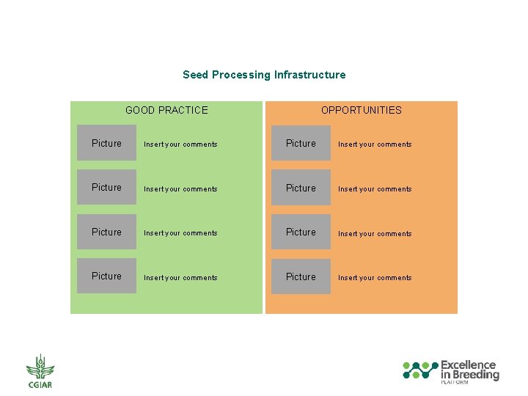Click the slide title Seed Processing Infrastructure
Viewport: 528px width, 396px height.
[264, 75]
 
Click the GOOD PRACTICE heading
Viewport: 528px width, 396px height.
[166, 110]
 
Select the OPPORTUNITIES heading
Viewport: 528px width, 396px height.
[361, 110]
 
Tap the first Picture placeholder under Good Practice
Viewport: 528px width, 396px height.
[107, 143]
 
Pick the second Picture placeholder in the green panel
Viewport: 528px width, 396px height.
[107, 188]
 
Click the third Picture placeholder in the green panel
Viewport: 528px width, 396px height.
[107, 232]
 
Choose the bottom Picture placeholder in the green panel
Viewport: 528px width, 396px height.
[107, 276]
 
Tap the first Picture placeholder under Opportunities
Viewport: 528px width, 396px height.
[301, 143]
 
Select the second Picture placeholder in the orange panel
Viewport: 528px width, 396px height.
[301, 188]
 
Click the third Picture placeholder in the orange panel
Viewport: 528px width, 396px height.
[301, 232]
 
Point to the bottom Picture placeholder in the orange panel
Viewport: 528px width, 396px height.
[301, 276]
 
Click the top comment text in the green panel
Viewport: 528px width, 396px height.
[180, 144]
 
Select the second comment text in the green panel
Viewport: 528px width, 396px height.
[180, 189]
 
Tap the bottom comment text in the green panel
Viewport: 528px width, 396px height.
[180, 278]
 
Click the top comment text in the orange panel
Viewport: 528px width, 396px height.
[375, 144]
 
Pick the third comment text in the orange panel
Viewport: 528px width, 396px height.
[375, 234]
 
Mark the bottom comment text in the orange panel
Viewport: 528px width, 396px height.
[375, 278]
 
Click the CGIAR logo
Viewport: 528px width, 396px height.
[40, 371]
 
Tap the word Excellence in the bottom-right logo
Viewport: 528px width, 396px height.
[468, 364]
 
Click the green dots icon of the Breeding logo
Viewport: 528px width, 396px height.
[419, 370]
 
